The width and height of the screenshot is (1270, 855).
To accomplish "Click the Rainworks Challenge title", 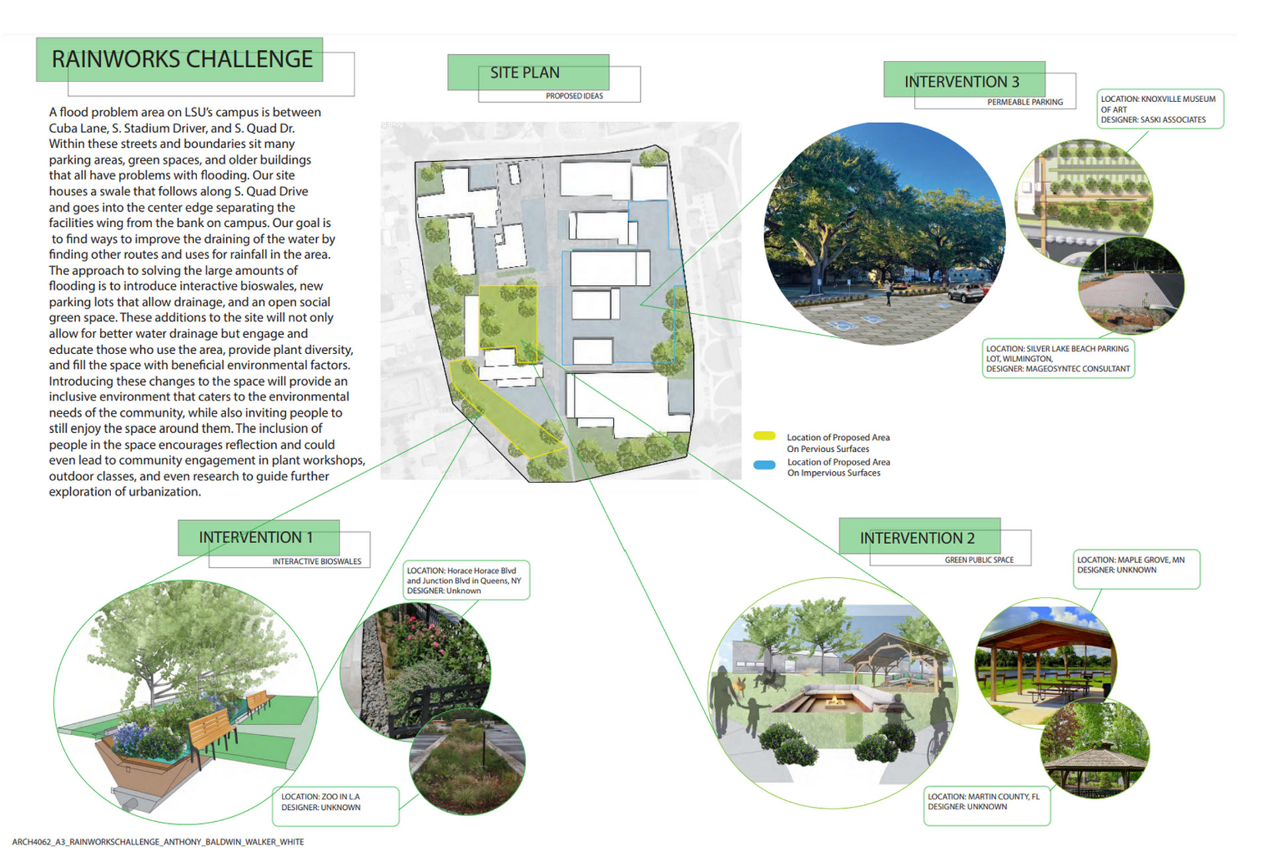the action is [x=182, y=60].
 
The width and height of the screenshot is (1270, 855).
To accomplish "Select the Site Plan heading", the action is [x=525, y=73].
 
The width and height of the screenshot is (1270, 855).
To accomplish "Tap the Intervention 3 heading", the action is [x=962, y=82].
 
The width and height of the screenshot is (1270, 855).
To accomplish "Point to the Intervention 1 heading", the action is [x=255, y=537].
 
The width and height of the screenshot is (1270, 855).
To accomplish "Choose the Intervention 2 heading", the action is [x=917, y=539].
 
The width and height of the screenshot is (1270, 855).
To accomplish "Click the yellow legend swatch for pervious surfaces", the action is [x=764, y=436].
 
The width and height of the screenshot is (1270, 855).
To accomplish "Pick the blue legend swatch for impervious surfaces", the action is [x=764, y=465].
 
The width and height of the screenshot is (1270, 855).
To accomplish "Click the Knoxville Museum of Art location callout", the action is [x=1160, y=109].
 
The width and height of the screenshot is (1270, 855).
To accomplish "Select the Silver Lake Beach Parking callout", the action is [x=1058, y=359].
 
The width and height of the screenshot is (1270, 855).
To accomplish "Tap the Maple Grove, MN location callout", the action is [x=1135, y=568].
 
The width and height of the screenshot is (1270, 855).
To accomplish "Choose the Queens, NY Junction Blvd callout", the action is [x=465, y=580].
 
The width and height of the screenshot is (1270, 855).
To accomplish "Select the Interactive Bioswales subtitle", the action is [x=317, y=561].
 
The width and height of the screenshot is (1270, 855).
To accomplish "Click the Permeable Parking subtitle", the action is [x=1025, y=102].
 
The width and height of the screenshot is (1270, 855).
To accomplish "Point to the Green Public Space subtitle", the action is [x=979, y=560].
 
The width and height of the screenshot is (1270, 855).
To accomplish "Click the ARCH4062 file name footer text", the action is [x=158, y=842].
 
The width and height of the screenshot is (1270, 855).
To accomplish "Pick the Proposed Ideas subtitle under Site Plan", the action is [x=574, y=96].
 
